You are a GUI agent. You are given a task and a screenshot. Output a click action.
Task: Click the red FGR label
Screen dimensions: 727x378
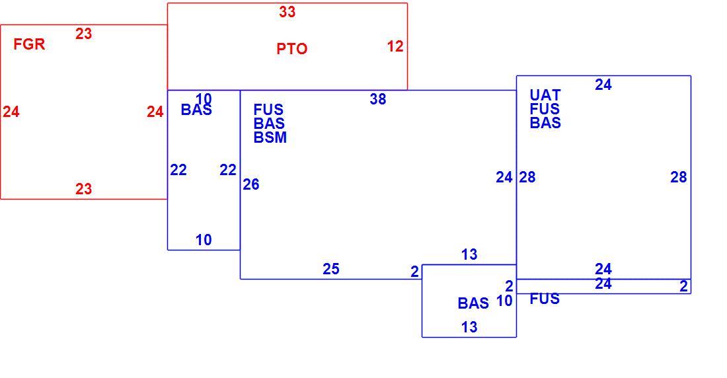click(29, 44)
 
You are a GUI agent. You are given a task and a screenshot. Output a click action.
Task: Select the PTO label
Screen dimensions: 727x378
click(292, 49)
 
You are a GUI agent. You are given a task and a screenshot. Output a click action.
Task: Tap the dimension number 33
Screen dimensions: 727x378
click(287, 12)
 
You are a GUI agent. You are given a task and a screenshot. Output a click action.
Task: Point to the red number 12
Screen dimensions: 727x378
click(395, 46)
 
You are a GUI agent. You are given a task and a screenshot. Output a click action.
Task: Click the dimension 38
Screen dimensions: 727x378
click(378, 99)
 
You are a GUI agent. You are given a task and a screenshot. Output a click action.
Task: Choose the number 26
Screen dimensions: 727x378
click(251, 184)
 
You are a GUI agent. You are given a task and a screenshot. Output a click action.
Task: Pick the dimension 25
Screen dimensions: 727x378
click(331, 269)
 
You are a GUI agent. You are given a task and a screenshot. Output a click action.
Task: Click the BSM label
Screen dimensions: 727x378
click(270, 137)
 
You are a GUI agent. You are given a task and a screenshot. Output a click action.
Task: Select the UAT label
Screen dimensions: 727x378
click(545, 96)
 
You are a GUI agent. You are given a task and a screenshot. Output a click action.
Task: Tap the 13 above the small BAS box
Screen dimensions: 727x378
click(469, 254)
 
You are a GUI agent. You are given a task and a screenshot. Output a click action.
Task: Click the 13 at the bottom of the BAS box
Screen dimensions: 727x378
click(469, 327)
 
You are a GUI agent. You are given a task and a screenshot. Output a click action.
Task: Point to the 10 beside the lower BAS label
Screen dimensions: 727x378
click(504, 301)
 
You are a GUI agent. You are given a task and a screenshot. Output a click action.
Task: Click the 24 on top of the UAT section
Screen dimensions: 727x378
click(603, 85)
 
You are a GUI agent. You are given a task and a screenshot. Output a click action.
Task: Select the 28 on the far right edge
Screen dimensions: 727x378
click(678, 177)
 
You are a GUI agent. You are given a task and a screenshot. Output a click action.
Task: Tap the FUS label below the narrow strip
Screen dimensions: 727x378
click(545, 299)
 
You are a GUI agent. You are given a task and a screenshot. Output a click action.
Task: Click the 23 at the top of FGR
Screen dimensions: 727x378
click(83, 34)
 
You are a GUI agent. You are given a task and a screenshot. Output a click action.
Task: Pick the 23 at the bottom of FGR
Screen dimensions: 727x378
click(83, 189)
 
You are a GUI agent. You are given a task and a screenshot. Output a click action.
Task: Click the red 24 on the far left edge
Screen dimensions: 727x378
click(11, 112)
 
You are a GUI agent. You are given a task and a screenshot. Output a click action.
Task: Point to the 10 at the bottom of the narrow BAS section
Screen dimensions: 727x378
click(204, 241)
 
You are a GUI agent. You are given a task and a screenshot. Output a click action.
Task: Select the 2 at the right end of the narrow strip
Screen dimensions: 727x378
click(684, 287)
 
